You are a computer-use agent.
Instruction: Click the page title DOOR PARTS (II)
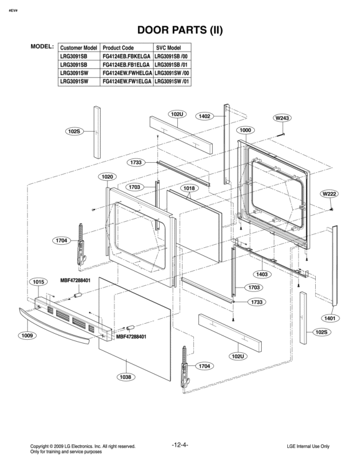(180, 30)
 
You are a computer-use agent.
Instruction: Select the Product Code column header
(118, 47)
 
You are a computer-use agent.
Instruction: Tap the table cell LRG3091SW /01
(171, 81)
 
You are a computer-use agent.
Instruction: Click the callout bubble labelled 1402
(205, 116)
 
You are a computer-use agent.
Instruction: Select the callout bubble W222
(329, 194)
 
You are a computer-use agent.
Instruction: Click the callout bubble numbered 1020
(108, 177)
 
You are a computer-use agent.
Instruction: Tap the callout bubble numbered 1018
(189, 188)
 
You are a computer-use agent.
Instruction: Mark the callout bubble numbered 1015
(39, 281)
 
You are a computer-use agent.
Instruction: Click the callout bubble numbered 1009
(27, 336)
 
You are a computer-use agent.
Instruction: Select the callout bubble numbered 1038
(125, 377)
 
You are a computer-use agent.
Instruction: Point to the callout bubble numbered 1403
(262, 274)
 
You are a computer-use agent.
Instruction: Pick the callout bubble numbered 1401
(330, 318)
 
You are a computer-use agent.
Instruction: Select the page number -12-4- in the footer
(180, 444)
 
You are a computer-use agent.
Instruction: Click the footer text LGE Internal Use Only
(308, 447)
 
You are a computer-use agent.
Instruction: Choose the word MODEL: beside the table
(42, 47)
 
